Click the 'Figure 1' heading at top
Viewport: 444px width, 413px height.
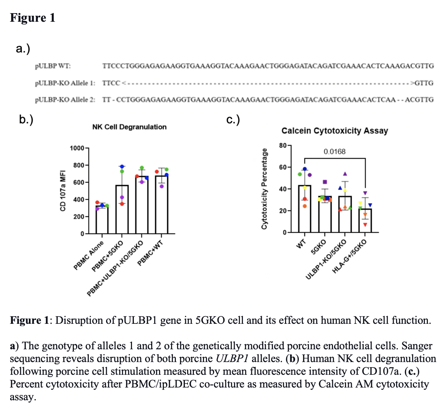(33, 18)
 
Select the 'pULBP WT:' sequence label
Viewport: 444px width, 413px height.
(52, 66)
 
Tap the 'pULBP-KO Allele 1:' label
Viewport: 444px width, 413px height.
(65, 83)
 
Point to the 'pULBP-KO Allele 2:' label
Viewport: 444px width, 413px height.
(65, 100)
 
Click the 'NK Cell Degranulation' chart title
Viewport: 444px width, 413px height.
(129, 127)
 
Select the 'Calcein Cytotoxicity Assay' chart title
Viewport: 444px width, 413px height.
(334, 131)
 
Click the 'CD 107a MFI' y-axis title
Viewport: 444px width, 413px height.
(63, 190)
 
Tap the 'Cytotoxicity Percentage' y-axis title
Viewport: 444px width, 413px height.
(264, 189)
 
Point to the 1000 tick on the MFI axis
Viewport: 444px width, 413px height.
(77, 148)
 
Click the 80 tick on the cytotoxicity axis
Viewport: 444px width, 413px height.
(283, 145)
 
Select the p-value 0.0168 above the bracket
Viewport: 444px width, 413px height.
(334, 152)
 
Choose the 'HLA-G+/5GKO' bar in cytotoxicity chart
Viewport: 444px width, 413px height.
(365, 221)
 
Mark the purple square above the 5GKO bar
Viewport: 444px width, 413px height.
(325, 182)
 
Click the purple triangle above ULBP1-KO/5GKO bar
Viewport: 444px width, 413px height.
(345, 174)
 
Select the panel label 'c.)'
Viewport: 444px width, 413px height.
(233, 120)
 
